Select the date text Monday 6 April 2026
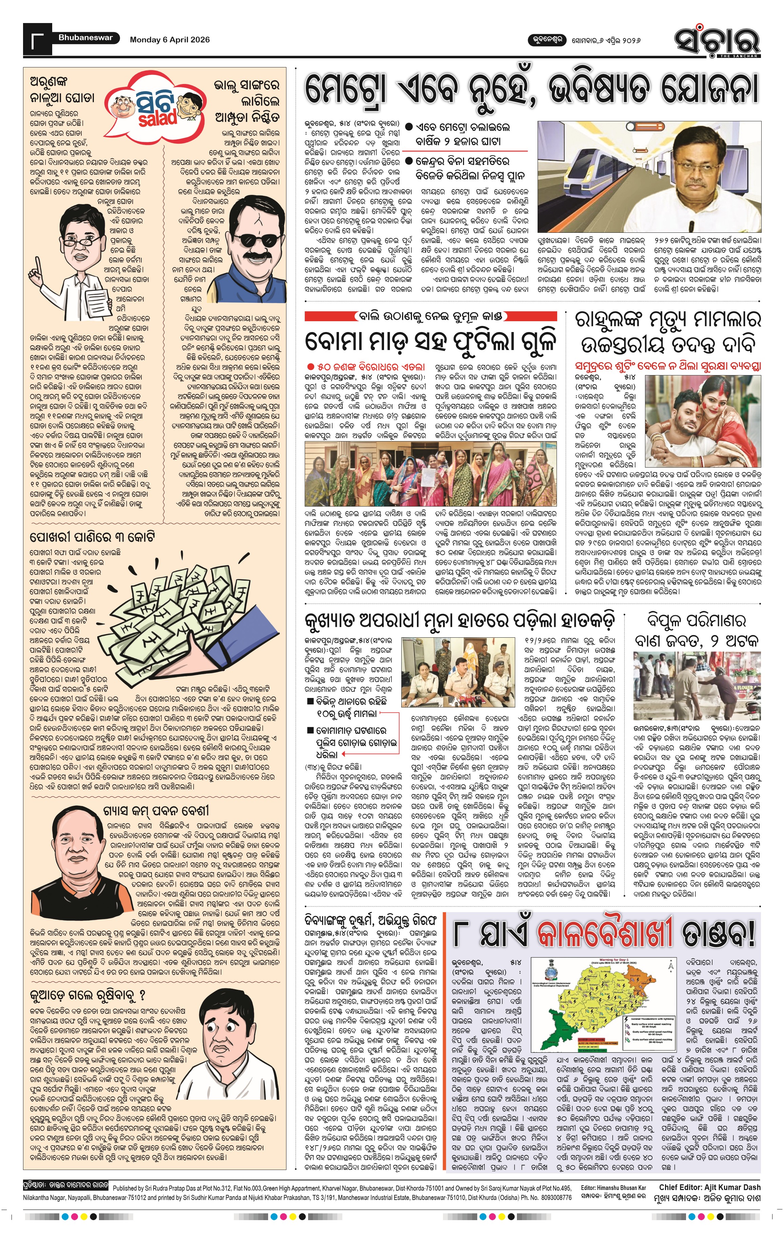pos(169,39)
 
